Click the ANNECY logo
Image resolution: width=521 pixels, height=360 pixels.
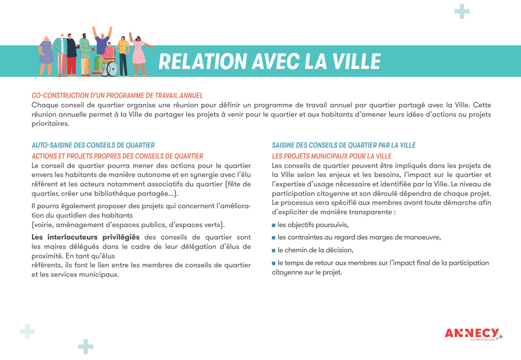[472, 333]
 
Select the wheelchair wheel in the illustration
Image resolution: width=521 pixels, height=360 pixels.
[110, 69]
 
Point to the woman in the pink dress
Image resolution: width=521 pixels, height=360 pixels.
[138, 53]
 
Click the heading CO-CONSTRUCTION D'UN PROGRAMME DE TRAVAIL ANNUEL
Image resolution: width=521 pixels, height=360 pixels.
[117, 95]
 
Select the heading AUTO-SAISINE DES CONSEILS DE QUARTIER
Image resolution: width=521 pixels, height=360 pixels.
[93, 145]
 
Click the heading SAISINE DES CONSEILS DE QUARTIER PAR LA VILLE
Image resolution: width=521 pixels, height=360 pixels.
[343, 145]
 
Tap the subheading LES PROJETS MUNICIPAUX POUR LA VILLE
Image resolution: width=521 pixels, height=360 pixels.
[332, 156]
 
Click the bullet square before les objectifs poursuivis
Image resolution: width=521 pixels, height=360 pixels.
[274, 225]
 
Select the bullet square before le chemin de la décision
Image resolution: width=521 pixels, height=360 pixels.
[274, 251]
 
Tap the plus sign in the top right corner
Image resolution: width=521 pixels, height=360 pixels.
[461, 11]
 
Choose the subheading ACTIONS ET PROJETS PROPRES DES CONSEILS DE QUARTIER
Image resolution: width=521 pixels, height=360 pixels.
[118, 156]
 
